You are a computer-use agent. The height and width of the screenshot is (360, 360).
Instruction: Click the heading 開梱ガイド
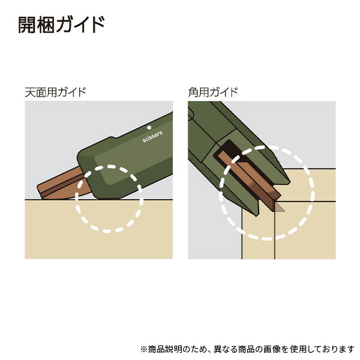pyautogui.click(x=62, y=25)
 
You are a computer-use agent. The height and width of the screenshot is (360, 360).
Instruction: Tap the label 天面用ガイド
pyautogui.click(x=55, y=92)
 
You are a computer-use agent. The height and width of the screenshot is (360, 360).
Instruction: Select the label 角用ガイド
pyautogui.click(x=213, y=92)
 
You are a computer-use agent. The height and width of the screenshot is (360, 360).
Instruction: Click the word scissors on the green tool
pyautogui.click(x=152, y=137)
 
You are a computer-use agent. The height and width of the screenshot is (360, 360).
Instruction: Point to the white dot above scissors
pyautogui.click(x=149, y=128)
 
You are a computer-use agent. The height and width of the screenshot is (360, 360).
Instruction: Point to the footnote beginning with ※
pyautogui.click(x=247, y=349)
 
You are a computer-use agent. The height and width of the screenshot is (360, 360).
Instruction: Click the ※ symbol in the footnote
pyautogui.click(x=144, y=350)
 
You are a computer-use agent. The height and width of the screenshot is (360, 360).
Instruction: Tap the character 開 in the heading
pyautogui.click(x=26, y=25)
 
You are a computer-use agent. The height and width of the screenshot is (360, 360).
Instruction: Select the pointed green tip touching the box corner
pyautogui.click(x=255, y=212)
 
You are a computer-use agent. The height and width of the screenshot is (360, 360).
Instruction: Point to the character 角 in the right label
pyautogui.click(x=193, y=92)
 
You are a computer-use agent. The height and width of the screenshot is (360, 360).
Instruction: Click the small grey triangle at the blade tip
pyautogui.click(x=279, y=208)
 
